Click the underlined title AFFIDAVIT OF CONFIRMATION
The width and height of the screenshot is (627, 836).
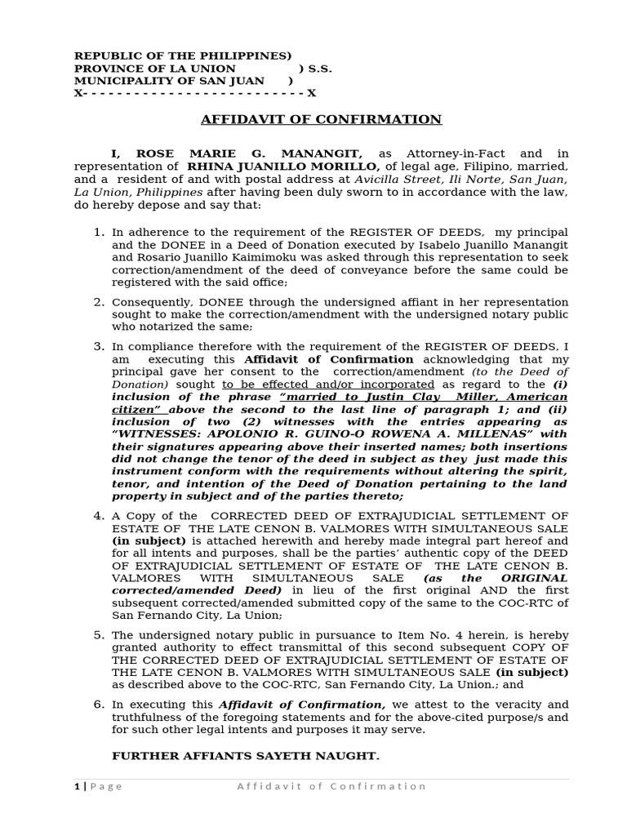[321, 119]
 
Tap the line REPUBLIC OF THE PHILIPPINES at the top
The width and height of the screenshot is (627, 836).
[182, 56]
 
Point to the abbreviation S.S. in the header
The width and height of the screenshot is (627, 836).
[319, 69]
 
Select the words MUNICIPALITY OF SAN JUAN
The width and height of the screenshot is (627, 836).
[169, 81]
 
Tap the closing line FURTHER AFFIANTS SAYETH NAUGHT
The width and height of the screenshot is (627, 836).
[246, 756]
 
